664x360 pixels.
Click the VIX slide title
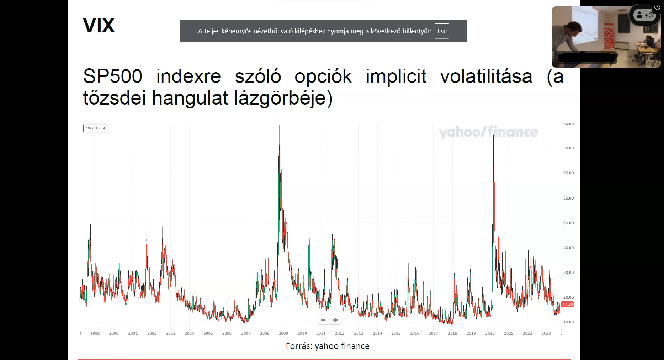99,26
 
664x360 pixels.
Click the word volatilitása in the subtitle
486,76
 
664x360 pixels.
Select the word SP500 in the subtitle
112,76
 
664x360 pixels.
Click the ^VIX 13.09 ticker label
95,128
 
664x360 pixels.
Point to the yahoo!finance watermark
488,132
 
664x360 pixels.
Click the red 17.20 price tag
567,304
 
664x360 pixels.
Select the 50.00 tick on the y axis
568,223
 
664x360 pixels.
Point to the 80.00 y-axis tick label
568,148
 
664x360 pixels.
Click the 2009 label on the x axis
283,333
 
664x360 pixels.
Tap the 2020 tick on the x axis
490,333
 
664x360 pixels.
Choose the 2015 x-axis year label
396,333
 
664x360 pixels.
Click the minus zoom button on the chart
323,320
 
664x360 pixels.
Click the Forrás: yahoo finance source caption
328,346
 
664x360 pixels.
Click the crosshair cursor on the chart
208,179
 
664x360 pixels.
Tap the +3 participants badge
644,15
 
